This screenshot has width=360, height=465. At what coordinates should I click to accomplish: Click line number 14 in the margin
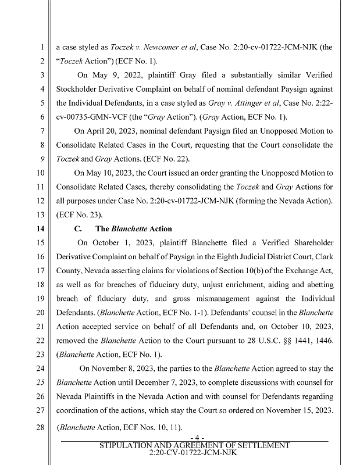coord(43,229)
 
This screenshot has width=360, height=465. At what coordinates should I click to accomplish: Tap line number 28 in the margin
coord(43,428)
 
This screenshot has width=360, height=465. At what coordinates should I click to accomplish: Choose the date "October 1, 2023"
coord(123,242)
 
